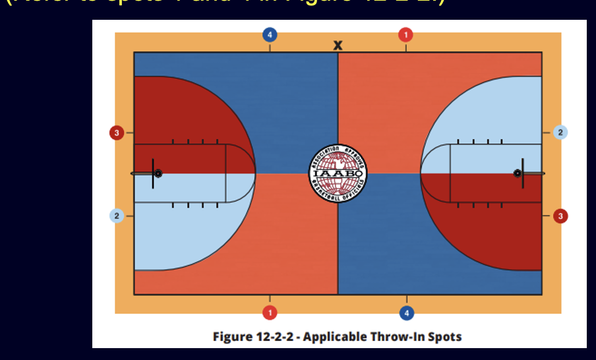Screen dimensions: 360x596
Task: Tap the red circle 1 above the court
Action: (x=405, y=34)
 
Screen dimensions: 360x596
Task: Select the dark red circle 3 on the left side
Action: (x=117, y=133)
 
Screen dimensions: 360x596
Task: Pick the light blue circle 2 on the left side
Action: (x=117, y=216)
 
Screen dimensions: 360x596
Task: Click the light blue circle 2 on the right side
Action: (x=560, y=133)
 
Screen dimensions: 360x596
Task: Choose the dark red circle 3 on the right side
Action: (x=560, y=216)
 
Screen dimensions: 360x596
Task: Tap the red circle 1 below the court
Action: (x=269, y=311)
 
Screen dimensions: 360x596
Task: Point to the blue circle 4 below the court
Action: (x=406, y=311)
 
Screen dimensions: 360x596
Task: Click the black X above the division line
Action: (x=338, y=45)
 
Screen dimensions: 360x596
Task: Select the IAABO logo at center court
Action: (x=338, y=174)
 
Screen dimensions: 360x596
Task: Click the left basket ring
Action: (x=158, y=173)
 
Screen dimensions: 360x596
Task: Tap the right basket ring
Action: (x=518, y=173)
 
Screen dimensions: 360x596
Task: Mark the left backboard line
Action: (x=153, y=173)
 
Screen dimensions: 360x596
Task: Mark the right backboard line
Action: (x=523, y=173)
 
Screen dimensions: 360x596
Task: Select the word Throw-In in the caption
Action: (x=394, y=337)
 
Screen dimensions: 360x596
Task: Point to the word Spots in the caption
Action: (x=442, y=337)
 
